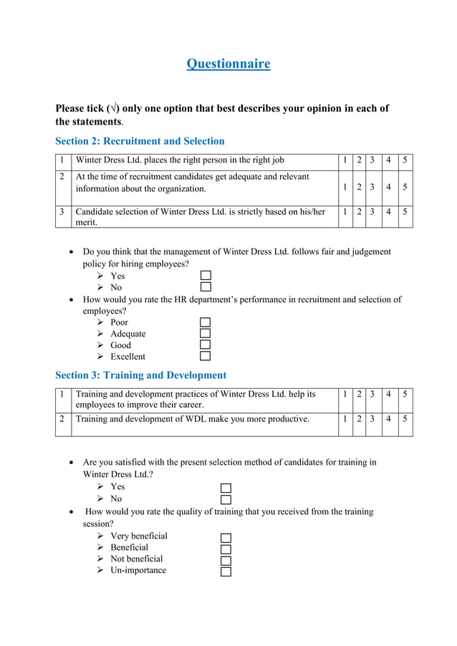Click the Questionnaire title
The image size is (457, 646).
point(228,64)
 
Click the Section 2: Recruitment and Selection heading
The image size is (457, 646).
point(140,141)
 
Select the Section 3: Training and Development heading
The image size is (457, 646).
point(140,375)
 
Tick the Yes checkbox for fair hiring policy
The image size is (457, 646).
point(206,276)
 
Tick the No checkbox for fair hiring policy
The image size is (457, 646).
point(206,287)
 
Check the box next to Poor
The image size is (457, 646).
point(206,322)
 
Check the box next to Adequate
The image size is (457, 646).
point(206,334)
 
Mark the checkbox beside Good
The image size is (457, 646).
point(206,345)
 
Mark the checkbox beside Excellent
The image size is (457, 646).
point(206,356)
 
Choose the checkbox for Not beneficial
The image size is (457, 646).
point(226,560)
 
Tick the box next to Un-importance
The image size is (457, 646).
point(226,572)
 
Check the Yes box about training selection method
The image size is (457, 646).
point(226,488)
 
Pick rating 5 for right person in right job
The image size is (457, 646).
point(405,160)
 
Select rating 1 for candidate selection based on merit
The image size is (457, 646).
point(345,212)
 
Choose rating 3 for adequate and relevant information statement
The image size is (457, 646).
point(372,188)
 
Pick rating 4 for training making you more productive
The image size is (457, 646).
point(389,420)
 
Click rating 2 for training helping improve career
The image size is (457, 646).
point(359,395)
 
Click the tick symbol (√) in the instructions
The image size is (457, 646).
point(112,109)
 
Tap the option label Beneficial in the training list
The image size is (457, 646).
point(130,547)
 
